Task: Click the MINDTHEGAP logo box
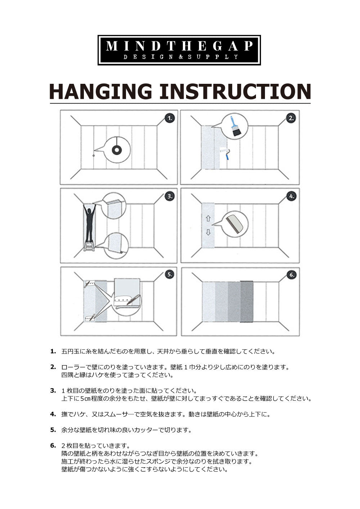(179, 50)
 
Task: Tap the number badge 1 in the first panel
(170, 118)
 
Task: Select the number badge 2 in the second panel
(291, 118)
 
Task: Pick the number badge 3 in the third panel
(170, 196)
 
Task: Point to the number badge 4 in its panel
(291, 196)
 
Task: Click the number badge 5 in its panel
(170, 274)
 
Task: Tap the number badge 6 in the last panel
(291, 274)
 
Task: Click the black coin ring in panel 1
(117, 150)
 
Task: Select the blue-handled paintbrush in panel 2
(235, 127)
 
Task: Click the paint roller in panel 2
(225, 153)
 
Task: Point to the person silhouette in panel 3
(90, 223)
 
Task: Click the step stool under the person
(89, 246)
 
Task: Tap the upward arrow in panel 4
(208, 218)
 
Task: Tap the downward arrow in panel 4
(208, 232)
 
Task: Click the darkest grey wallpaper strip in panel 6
(247, 301)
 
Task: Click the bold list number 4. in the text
(53, 414)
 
